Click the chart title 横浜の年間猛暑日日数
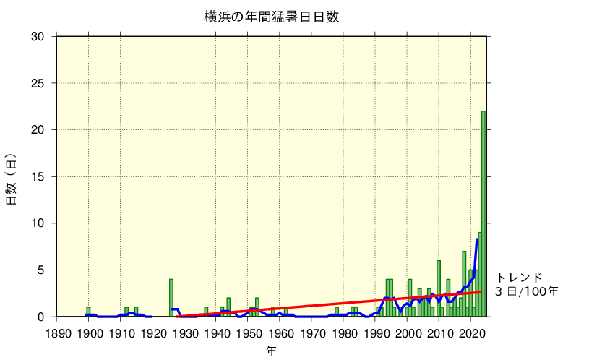pos(271,17)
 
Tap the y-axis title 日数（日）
pos(12,179)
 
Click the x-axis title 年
pos(271,351)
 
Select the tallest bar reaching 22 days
pos(483,213)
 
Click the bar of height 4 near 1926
pos(171,298)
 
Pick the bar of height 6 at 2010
pos(439,288)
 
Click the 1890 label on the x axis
pos(57,334)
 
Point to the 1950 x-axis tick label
pos(249,334)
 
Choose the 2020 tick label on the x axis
pos(471,334)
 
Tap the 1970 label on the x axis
pos(312,334)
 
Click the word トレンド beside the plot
pos(519,278)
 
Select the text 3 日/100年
pos(527,292)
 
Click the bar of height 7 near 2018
pos(464,284)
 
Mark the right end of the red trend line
pos(481,292)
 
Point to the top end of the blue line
pos(477,239)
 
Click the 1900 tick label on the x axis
pos(89,334)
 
